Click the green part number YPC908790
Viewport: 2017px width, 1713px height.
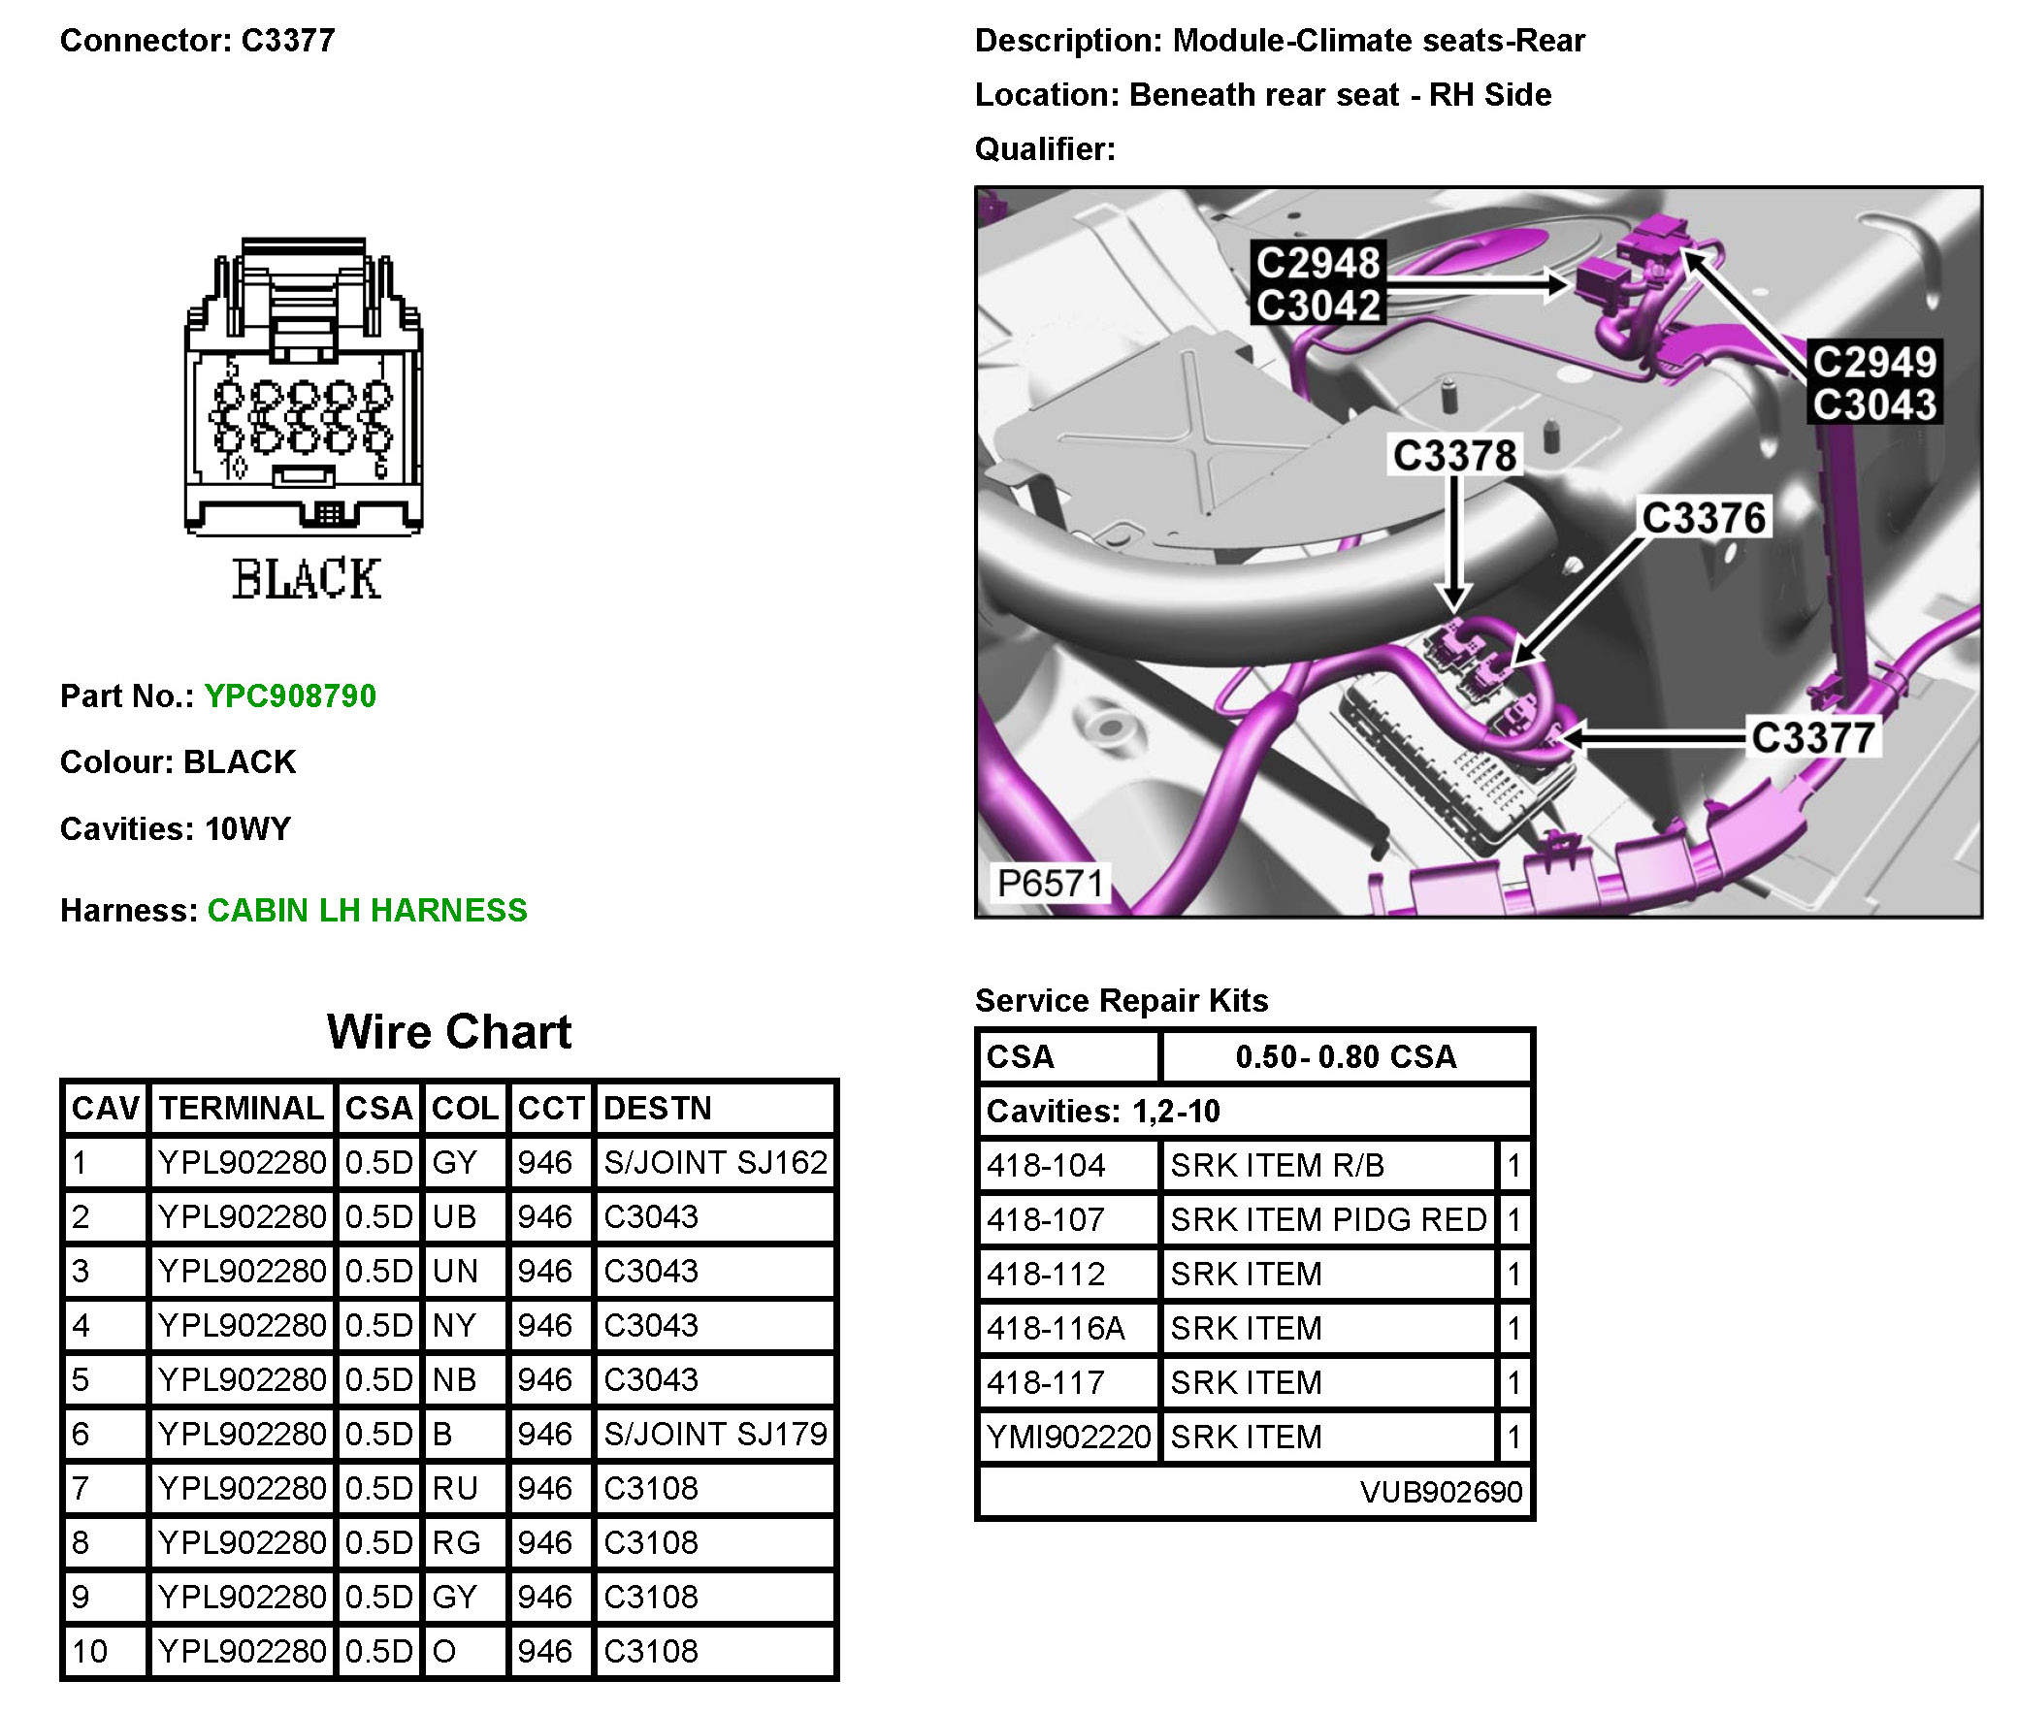point(289,695)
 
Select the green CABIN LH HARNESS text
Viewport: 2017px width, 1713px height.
point(366,910)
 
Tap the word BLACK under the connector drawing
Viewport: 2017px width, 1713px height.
point(306,579)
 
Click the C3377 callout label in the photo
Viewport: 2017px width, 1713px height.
point(1812,738)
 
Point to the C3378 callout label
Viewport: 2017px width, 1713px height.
point(1453,456)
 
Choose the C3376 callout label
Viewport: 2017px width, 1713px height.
point(1704,518)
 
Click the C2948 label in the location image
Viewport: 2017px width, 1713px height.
point(1317,262)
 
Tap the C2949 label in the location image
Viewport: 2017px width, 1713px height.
point(1874,362)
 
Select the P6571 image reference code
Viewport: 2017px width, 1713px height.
point(1050,884)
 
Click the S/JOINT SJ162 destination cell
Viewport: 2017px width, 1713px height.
point(715,1162)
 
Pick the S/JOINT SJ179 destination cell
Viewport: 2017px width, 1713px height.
point(715,1434)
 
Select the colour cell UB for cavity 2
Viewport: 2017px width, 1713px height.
point(454,1216)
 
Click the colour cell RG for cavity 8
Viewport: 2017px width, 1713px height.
point(456,1542)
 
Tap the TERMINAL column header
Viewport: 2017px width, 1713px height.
point(241,1108)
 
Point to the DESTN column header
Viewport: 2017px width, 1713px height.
point(658,1108)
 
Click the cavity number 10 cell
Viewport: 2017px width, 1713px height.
point(90,1651)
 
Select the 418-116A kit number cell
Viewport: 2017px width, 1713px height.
point(1056,1328)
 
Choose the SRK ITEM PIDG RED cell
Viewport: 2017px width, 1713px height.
point(1327,1219)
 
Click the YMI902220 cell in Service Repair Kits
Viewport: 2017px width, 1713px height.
point(1068,1437)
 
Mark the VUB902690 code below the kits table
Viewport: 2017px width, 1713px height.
point(1440,1492)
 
